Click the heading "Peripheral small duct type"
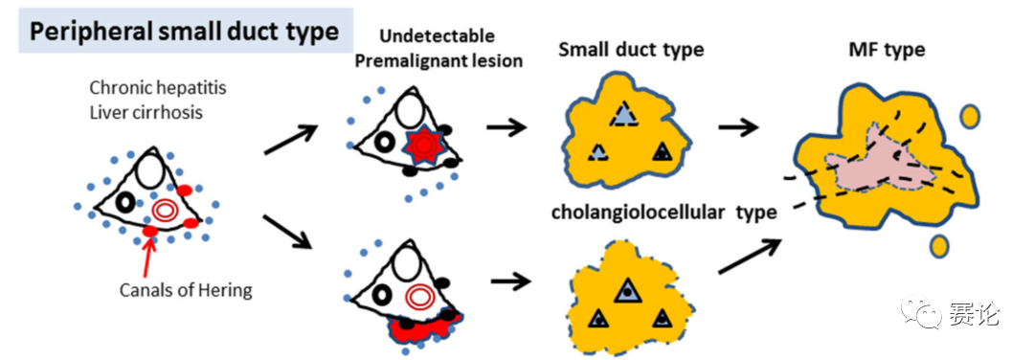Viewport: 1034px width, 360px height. [x=185, y=31]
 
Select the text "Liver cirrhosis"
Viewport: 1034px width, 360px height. [x=146, y=112]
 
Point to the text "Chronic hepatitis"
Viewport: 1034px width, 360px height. [x=158, y=88]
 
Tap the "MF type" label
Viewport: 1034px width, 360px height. [x=888, y=50]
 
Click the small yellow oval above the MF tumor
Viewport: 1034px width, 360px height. [x=969, y=117]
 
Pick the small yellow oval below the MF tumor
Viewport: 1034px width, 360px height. [x=939, y=247]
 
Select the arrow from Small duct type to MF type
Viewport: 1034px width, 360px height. [x=738, y=126]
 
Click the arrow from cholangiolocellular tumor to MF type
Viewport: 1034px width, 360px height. [x=749, y=256]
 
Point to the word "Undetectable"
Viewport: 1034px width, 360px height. [x=438, y=35]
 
